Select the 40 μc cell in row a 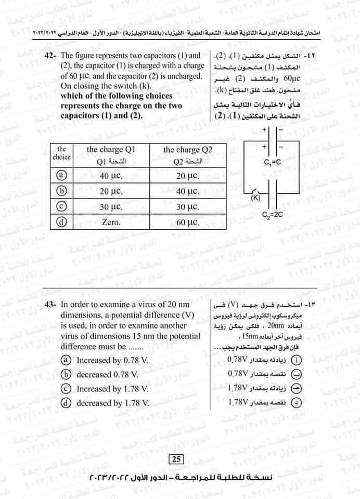[110, 176]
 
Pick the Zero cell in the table [110, 222]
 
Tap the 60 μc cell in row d [188, 222]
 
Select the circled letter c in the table [61, 206]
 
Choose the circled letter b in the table [61, 191]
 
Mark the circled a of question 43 [66, 360]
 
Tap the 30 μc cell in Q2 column [188, 206]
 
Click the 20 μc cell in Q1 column [110, 191]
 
